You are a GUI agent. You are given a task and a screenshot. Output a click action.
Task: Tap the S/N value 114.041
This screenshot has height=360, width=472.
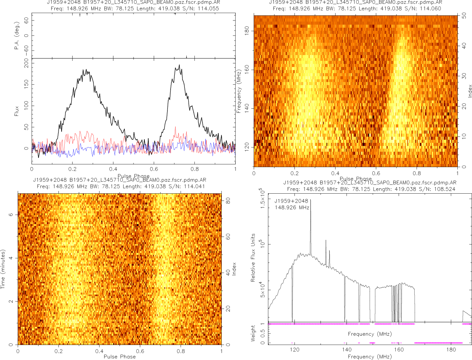coord(192,186)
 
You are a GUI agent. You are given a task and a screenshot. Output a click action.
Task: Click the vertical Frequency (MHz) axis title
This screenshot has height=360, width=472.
coord(239,91)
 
